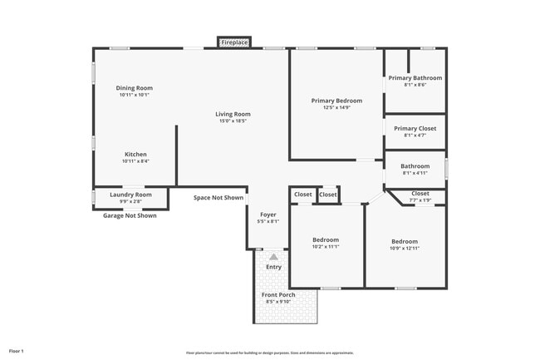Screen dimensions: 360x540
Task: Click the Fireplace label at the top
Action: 233,42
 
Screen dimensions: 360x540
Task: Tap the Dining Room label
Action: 134,87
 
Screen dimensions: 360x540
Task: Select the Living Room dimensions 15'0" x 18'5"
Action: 233,121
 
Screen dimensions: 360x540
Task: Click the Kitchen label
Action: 135,154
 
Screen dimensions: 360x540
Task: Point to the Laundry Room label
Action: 131,195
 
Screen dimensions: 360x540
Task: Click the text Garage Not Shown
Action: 129,215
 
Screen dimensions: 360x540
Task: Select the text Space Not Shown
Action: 218,198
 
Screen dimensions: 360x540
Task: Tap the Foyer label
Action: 268,215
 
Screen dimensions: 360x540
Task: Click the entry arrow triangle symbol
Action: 273,257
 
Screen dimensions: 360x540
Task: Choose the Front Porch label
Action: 278,295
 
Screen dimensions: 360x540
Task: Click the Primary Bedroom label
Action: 336,101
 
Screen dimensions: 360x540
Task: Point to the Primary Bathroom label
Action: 415,78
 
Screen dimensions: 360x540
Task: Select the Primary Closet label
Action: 415,128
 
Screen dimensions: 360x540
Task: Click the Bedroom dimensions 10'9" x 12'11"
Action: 405,248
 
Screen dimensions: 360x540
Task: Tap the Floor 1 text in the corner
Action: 17,352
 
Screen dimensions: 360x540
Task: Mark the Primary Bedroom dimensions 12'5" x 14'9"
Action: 336,107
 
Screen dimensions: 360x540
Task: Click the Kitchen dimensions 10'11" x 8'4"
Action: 135,161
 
